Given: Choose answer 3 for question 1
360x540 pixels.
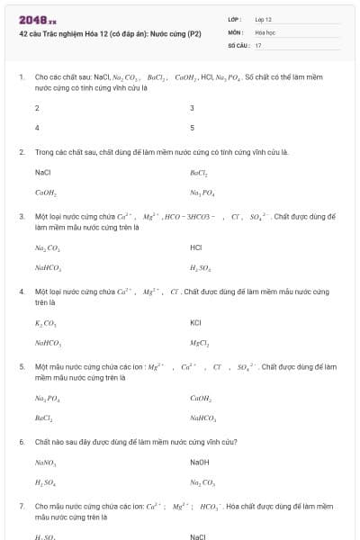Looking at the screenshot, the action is (x=193, y=108).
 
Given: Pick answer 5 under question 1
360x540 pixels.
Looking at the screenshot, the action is (x=193, y=128).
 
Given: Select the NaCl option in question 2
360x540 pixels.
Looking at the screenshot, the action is (x=42, y=172).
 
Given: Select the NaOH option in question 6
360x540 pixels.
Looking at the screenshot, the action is (x=199, y=463).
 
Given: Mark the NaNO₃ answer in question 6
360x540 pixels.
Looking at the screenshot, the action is (x=46, y=463).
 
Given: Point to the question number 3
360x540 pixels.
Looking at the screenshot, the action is (x=22, y=217).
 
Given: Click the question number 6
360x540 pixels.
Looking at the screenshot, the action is (x=22, y=442).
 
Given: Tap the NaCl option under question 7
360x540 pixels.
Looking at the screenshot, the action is (x=198, y=537).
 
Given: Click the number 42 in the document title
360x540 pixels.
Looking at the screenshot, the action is (x=22, y=32).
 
